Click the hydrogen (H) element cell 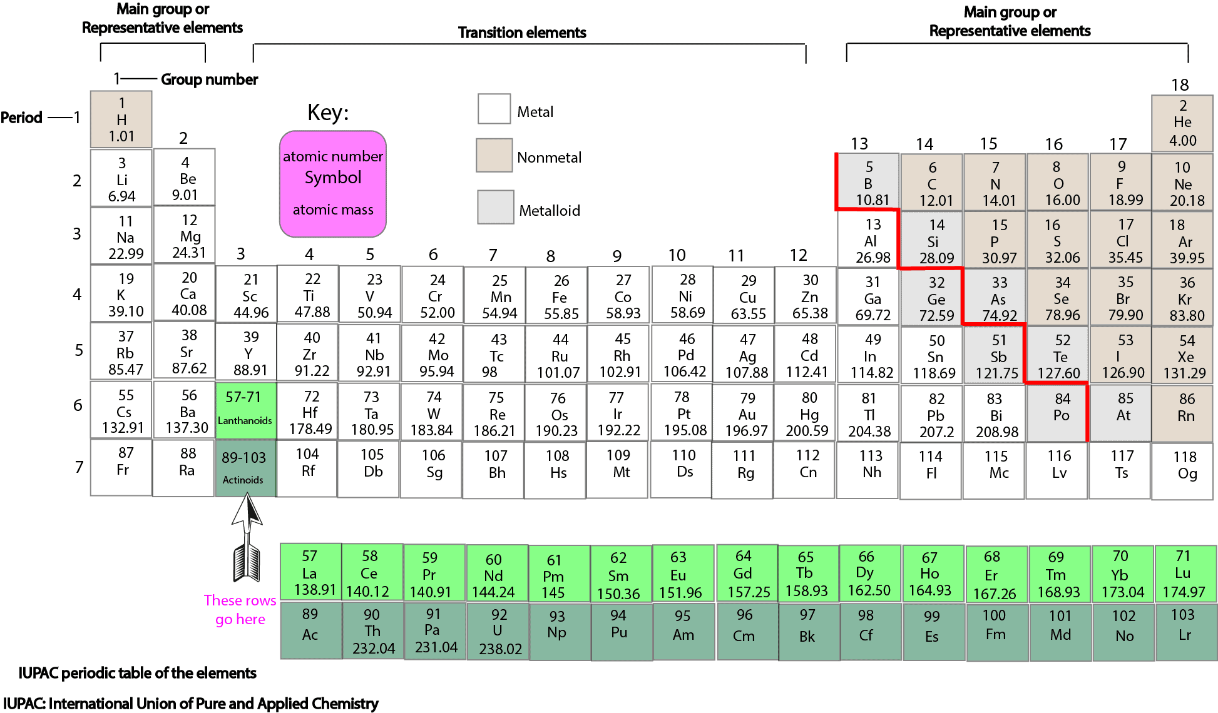click(x=121, y=119)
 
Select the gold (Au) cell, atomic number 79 click(x=746, y=414)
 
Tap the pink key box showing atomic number click(x=333, y=183)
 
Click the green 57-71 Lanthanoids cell click(x=245, y=408)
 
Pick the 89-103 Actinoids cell click(x=245, y=468)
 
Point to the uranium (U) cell click(x=499, y=631)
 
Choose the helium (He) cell click(x=1182, y=123)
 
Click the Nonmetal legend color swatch click(x=494, y=156)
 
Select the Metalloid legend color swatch click(x=496, y=207)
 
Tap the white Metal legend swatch click(x=494, y=109)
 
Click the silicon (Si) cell click(x=933, y=241)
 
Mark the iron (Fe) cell click(x=560, y=297)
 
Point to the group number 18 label click(x=1180, y=85)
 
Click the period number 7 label click(x=79, y=467)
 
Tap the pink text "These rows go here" click(x=240, y=610)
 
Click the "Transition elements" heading click(x=522, y=33)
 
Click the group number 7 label click(x=493, y=255)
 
